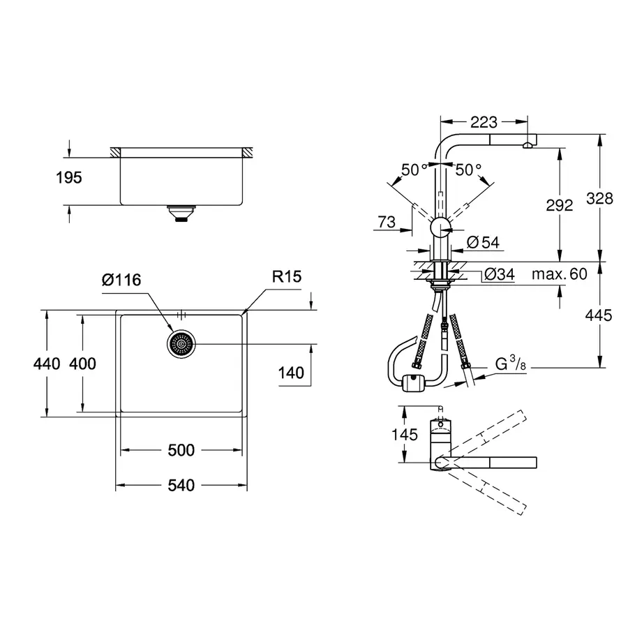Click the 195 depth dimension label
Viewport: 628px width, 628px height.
pyautogui.click(x=69, y=178)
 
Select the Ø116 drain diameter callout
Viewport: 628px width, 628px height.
pyautogui.click(x=121, y=280)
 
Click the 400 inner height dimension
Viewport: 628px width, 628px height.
pyautogui.click(x=83, y=364)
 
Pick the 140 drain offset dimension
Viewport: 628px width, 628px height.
pyautogui.click(x=291, y=373)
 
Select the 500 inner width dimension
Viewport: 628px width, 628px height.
pyautogui.click(x=181, y=450)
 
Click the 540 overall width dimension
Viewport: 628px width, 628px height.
pyautogui.click(x=181, y=485)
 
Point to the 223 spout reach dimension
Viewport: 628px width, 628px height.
pyautogui.click(x=484, y=123)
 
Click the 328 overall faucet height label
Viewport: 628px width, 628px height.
pyautogui.click(x=599, y=198)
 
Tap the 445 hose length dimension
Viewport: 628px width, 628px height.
pyautogui.click(x=599, y=315)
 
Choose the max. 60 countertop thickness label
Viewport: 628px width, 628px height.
pyautogui.click(x=559, y=274)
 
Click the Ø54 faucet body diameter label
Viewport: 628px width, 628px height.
pyautogui.click(x=482, y=242)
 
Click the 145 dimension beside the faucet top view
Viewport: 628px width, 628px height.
pyautogui.click(x=404, y=434)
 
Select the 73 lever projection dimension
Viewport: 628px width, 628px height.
pyautogui.click(x=385, y=223)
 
